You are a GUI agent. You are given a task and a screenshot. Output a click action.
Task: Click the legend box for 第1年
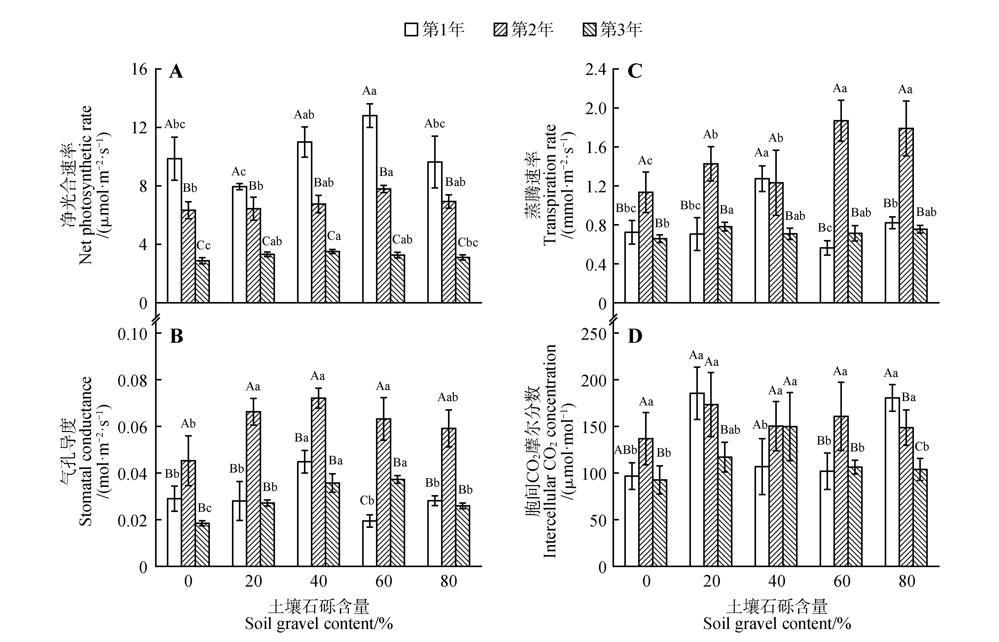pyautogui.click(x=411, y=29)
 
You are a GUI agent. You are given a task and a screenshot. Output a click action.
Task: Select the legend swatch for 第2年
pyautogui.click(x=500, y=29)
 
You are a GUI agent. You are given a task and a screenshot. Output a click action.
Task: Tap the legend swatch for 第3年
pyautogui.click(x=589, y=29)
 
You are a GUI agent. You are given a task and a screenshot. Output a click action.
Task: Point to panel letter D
pyautogui.click(x=635, y=336)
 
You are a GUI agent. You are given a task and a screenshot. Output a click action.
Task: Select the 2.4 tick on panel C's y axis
pyautogui.click(x=595, y=69)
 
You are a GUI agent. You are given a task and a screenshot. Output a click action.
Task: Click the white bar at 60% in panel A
pyautogui.click(x=370, y=208)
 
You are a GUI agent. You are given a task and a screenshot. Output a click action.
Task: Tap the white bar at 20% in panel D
pyautogui.click(x=697, y=479)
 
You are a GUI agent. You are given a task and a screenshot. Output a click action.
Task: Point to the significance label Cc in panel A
pyautogui.click(x=203, y=246)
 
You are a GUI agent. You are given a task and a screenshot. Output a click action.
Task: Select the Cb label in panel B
pyautogui.click(x=367, y=500)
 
